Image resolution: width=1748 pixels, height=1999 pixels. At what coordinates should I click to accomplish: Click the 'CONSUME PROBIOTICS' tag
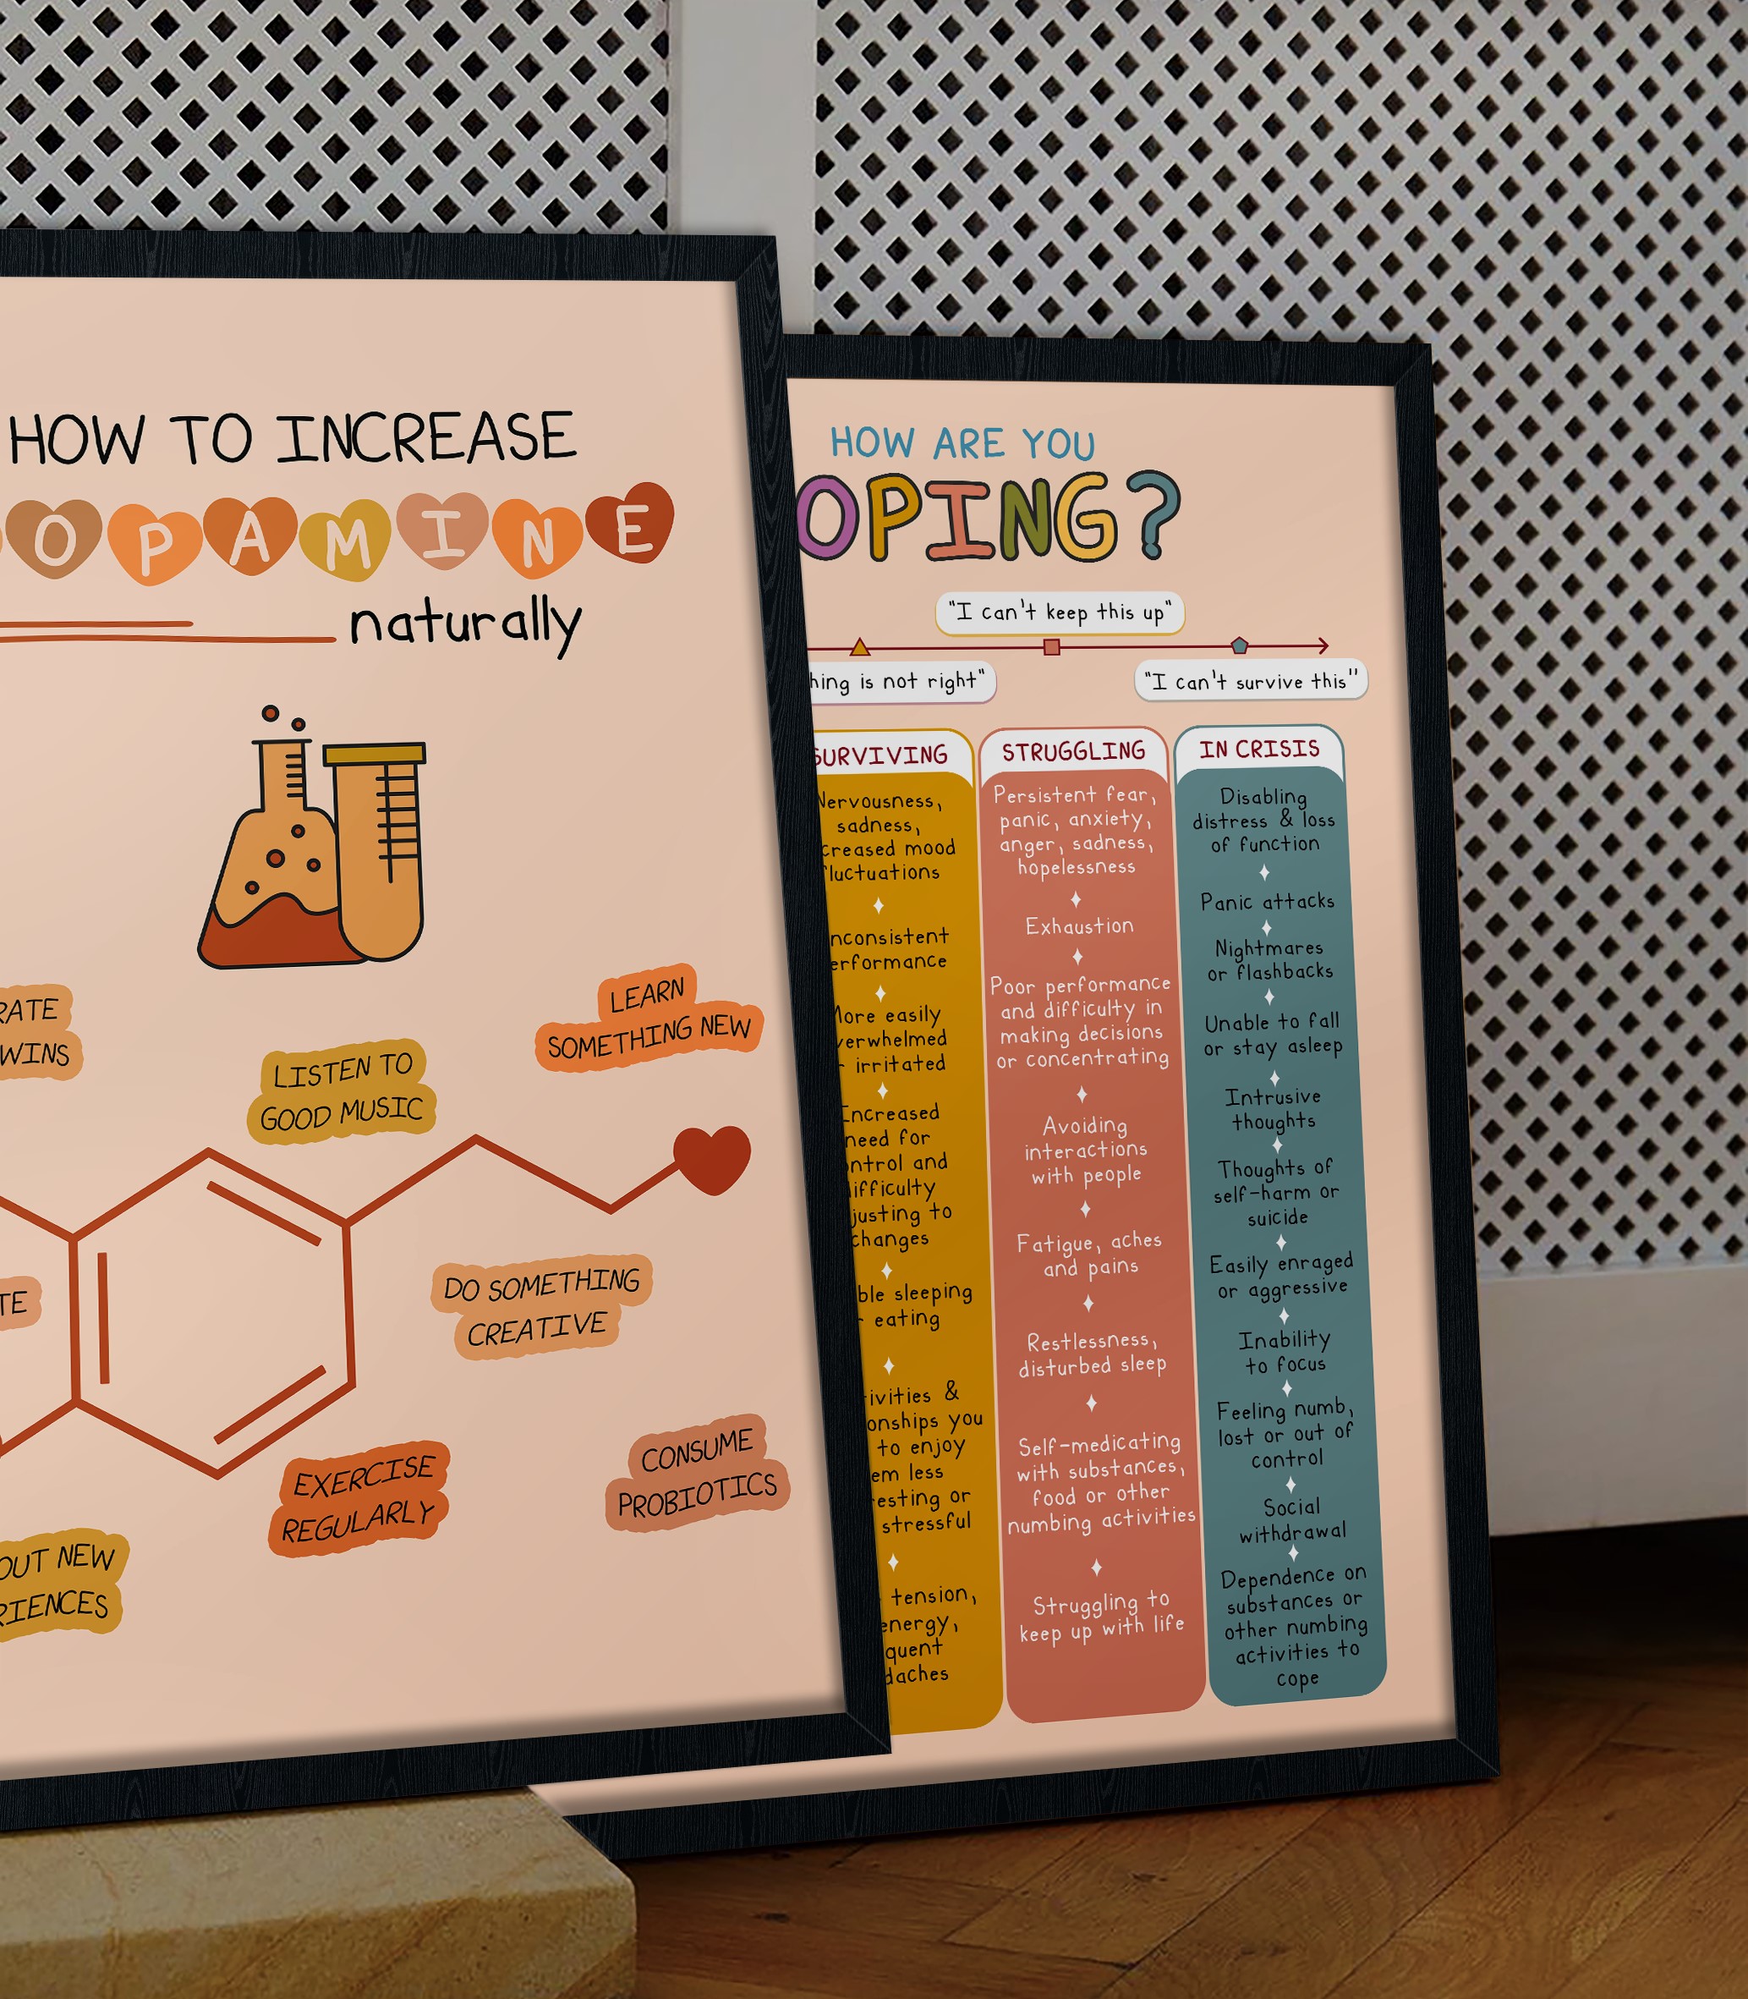pos(697,1473)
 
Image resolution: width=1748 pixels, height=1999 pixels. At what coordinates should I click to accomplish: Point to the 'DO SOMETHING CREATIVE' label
pos(540,1306)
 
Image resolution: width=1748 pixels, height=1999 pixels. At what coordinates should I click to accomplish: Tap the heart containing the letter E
pos(634,527)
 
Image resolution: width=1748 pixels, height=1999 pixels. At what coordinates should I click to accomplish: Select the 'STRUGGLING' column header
pos(1073,751)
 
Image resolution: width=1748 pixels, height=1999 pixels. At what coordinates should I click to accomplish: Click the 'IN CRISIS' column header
pos(1259,750)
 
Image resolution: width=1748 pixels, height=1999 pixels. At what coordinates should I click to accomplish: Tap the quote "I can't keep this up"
pos(1060,612)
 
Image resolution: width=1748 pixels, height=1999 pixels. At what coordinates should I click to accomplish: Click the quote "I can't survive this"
pos(1251,681)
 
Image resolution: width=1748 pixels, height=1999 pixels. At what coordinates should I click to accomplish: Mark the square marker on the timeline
pos(1051,647)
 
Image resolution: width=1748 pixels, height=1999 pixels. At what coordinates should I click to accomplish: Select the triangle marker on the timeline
pos(859,647)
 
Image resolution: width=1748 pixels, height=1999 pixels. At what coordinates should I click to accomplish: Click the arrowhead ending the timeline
pos(1323,645)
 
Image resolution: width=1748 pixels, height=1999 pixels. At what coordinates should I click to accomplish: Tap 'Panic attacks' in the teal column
pos(1267,902)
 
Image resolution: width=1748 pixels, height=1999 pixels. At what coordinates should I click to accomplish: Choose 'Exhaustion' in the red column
pos(1079,925)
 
